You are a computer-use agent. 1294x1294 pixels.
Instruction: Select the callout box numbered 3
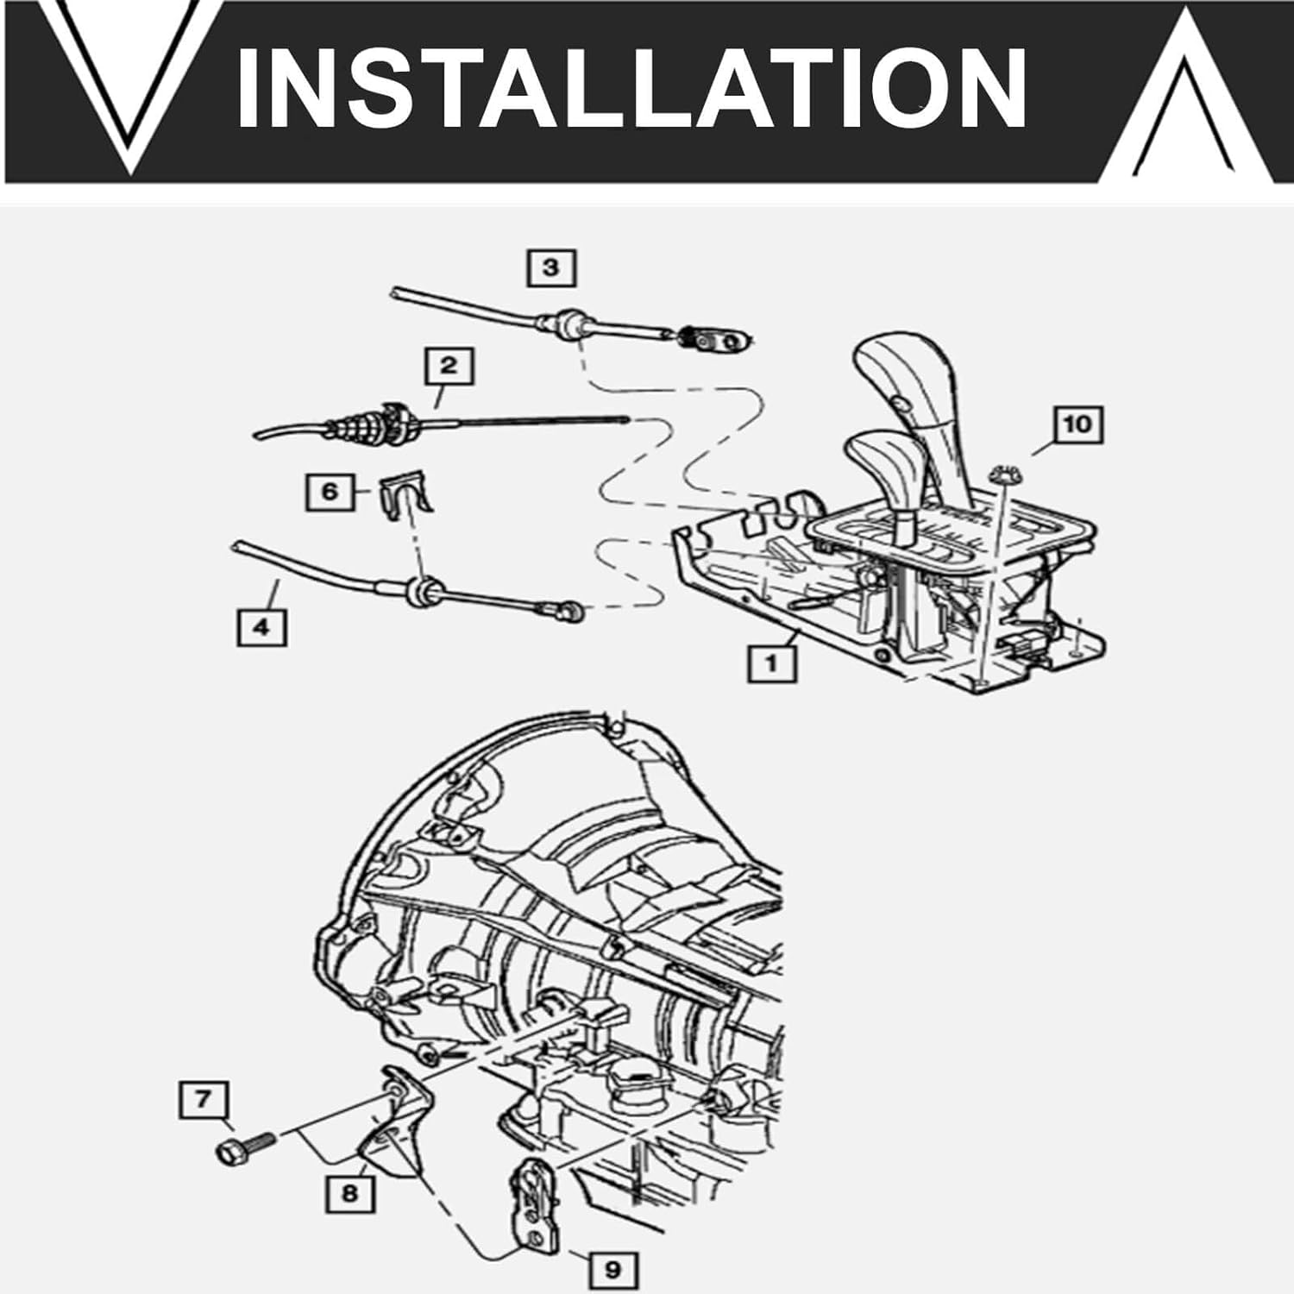click(551, 267)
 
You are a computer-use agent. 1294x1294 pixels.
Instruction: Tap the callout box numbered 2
click(449, 366)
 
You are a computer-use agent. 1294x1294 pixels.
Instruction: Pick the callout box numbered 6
click(330, 493)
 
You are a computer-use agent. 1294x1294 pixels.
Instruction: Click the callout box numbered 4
click(261, 627)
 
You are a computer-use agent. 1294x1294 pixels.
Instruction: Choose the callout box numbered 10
click(1077, 424)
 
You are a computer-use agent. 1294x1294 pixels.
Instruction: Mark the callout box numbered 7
click(204, 1100)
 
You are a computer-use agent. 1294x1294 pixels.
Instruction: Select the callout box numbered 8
click(349, 1194)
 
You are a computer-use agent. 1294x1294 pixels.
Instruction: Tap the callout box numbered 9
click(612, 1270)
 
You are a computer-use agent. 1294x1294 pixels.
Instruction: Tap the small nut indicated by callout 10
click(1003, 474)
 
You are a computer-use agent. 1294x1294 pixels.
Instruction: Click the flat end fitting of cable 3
click(713, 341)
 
